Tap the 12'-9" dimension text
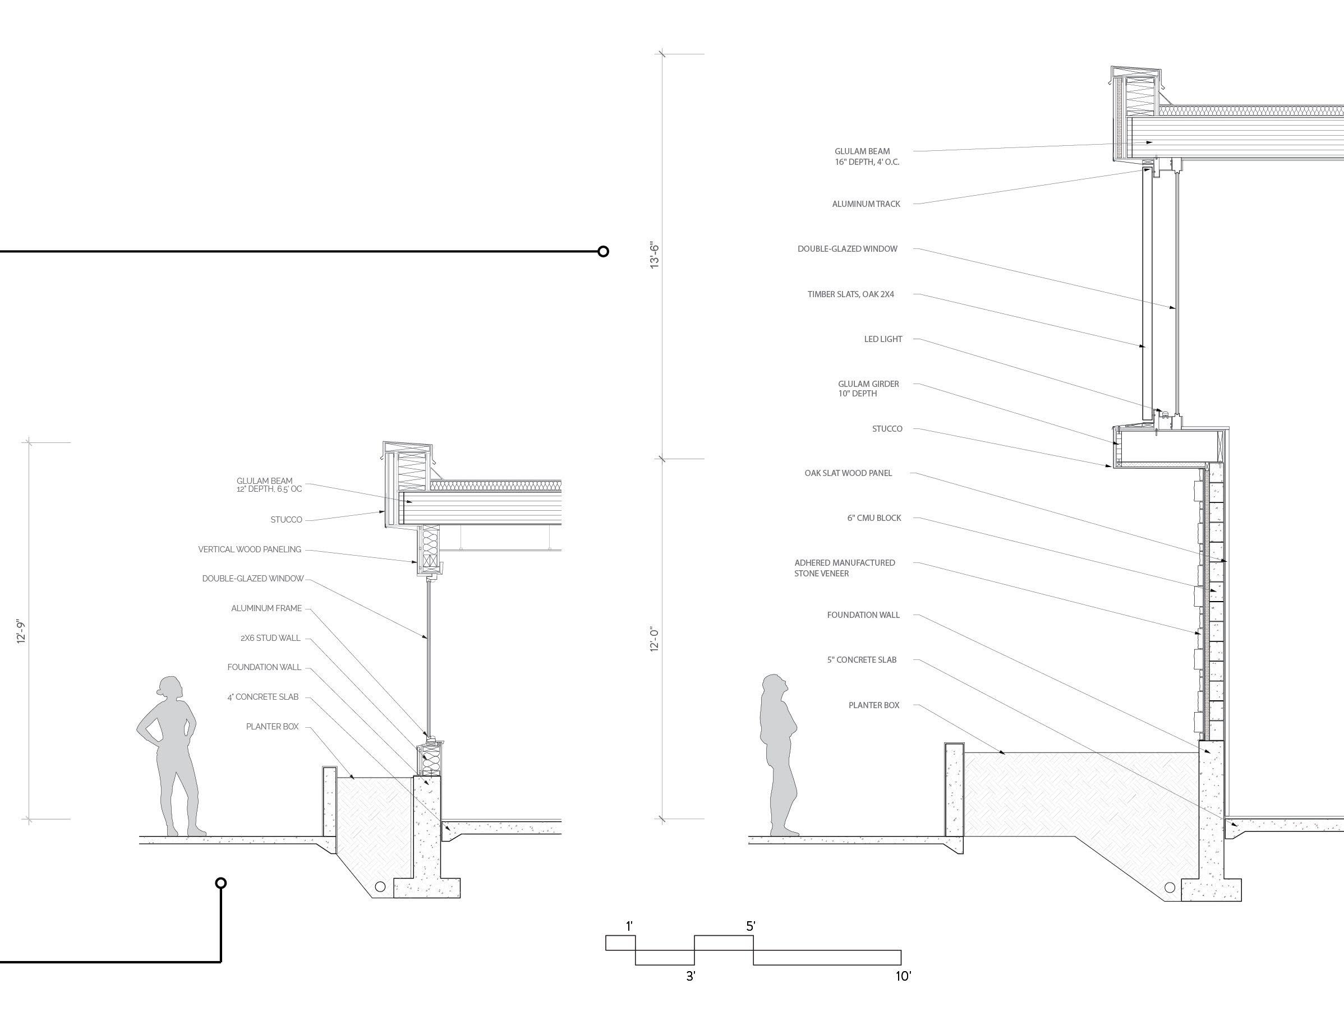point(22,632)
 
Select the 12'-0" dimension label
point(655,639)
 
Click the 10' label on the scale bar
point(903,976)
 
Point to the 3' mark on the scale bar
point(690,977)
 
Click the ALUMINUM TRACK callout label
point(866,204)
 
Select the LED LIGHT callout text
point(883,339)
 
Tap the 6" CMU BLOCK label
point(873,518)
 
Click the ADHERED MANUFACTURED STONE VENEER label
point(844,568)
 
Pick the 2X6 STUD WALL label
point(270,638)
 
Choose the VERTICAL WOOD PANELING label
point(249,549)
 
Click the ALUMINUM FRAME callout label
point(266,608)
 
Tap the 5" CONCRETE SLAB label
point(861,660)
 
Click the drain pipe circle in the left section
point(380,886)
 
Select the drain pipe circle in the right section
point(1169,887)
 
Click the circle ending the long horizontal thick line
point(603,251)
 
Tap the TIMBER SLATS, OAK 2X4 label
point(850,294)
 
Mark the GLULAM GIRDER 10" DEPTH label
point(868,389)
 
